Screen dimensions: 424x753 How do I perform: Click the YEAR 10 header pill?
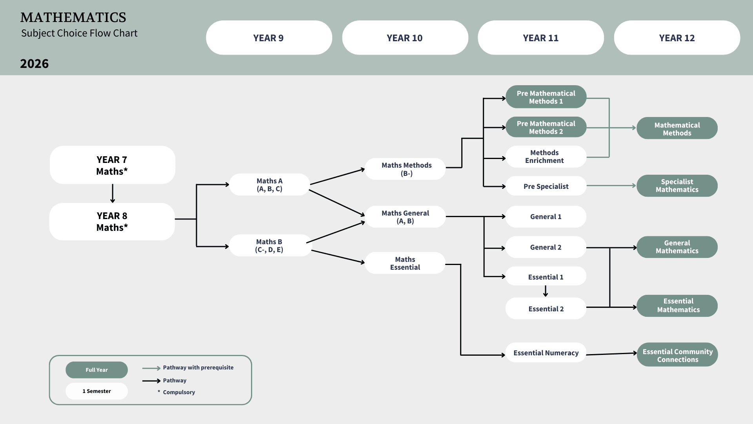point(405,38)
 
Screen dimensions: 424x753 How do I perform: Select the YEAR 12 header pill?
point(677,38)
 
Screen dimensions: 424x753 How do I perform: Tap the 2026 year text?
point(35,64)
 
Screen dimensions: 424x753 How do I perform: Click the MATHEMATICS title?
point(73,18)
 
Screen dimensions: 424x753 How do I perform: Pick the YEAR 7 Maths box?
point(112,165)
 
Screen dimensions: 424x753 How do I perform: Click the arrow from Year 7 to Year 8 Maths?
point(113,193)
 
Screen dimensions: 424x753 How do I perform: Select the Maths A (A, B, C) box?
point(269,185)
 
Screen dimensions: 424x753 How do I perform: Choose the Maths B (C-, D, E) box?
point(269,245)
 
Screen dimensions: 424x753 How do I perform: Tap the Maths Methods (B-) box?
point(406,169)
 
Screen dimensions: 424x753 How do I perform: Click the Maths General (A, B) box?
point(405,217)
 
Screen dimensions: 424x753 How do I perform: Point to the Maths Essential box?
point(405,263)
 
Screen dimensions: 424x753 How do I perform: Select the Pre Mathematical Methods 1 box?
point(546,97)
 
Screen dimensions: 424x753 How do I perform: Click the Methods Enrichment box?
point(546,157)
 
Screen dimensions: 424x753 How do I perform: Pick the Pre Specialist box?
point(546,186)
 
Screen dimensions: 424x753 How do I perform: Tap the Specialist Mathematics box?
point(677,186)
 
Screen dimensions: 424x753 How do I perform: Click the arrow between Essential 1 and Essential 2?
point(546,291)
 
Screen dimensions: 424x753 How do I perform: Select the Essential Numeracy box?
point(546,353)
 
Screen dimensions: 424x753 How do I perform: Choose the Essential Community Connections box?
point(677,355)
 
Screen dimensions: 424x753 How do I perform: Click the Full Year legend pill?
point(96,370)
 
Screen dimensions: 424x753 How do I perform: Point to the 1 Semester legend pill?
point(96,391)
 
